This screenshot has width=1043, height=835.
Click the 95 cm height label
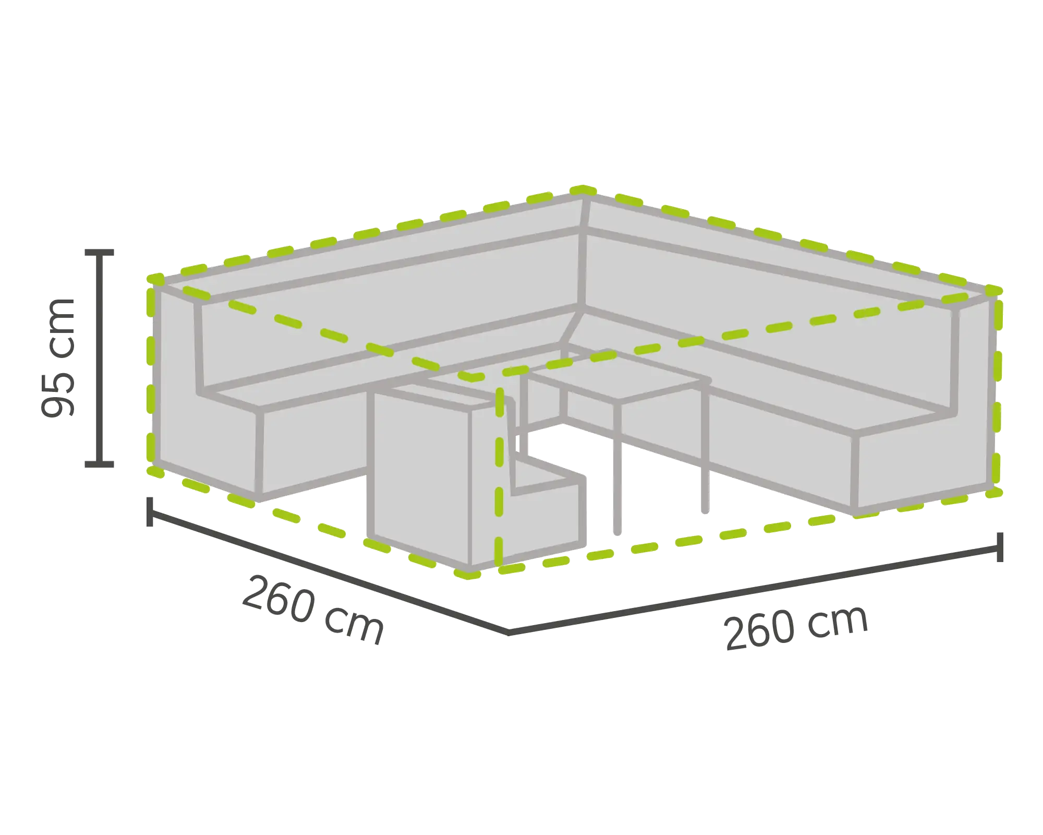point(58,356)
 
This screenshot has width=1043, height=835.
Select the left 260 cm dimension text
point(313,608)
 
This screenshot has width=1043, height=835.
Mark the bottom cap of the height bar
point(100,462)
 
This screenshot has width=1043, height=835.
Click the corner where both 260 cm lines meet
point(508,633)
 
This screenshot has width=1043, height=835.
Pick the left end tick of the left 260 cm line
point(151,513)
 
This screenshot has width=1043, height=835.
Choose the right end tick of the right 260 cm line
point(1000,547)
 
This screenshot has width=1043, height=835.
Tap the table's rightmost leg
point(706,449)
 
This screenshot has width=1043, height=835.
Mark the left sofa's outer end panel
point(177,381)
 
